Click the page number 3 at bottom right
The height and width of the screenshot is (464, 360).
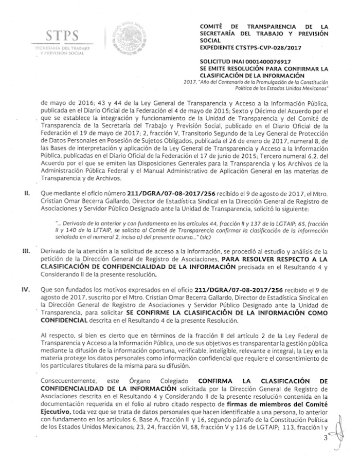coord(339,438)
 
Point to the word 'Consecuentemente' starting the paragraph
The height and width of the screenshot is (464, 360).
coord(70,381)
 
